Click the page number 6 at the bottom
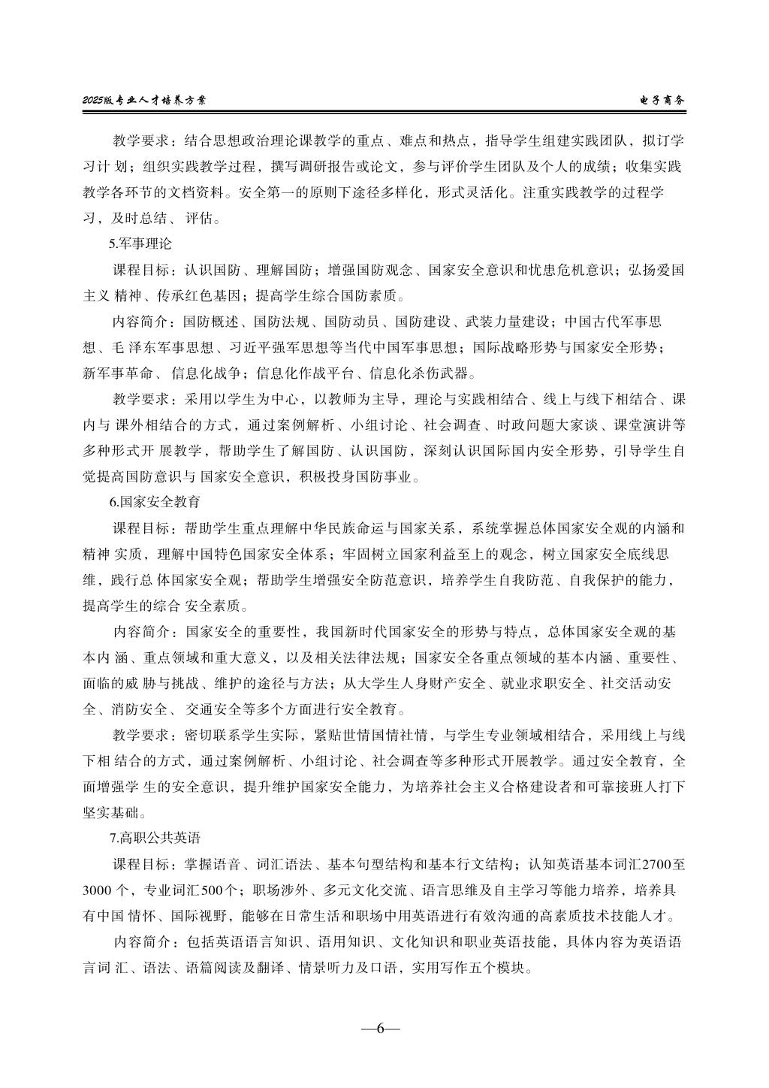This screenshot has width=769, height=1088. tap(380, 1029)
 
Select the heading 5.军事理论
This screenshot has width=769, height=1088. tap(140, 243)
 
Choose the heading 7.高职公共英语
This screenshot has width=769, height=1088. tap(155, 836)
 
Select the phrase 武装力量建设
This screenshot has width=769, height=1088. tap(500, 322)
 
